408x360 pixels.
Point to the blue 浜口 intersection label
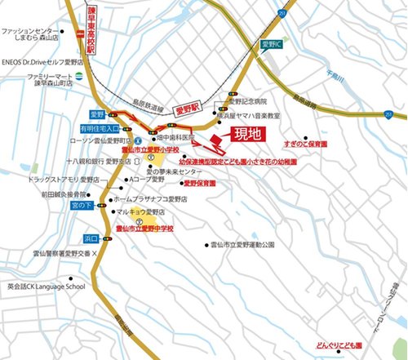pyautogui.click(x=91, y=238)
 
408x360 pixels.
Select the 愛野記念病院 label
pyautogui.click(x=248, y=104)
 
